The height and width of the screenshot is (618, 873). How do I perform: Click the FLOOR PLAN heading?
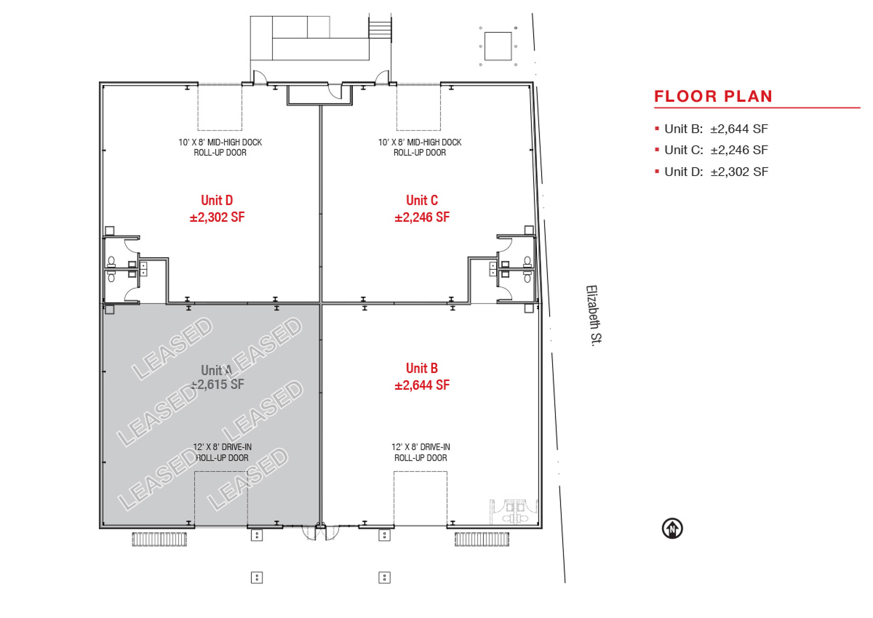click(x=713, y=96)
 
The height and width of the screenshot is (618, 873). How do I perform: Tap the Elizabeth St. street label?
click(x=594, y=315)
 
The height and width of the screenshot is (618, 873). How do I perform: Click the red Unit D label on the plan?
click(x=217, y=200)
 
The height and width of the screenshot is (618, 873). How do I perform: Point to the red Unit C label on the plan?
click(x=422, y=200)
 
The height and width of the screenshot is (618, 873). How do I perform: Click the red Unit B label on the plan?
click(x=422, y=368)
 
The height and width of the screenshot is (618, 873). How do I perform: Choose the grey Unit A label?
click(x=216, y=370)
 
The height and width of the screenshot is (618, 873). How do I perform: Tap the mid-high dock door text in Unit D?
click(x=220, y=147)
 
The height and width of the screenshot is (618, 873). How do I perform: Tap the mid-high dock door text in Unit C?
click(x=419, y=147)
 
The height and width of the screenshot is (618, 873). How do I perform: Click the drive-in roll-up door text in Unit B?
click(x=420, y=452)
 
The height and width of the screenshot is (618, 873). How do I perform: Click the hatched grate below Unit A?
click(x=160, y=539)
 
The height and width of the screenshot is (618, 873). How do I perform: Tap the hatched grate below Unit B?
click(x=482, y=539)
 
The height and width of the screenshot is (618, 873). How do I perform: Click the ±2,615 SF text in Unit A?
click(x=217, y=384)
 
